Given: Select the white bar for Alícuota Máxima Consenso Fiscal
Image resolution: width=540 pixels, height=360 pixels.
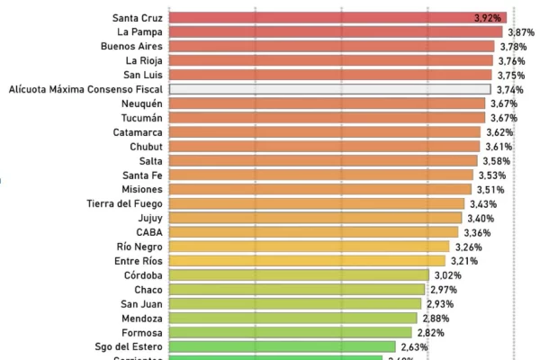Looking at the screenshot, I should click(329, 89).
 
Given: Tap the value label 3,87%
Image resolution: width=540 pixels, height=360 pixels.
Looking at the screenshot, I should click(520, 31).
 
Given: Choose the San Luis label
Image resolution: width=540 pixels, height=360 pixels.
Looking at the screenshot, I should click(141, 75).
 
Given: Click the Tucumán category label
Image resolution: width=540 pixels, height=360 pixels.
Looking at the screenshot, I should click(140, 118).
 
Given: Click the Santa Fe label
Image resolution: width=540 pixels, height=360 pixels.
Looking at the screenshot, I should click(143, 175).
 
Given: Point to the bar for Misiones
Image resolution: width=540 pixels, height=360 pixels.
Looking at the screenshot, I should click(319, 189).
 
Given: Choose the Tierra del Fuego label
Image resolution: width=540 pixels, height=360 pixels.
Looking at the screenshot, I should click(125, 203).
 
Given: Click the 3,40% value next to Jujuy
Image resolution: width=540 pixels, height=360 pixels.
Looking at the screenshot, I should click(481, 218).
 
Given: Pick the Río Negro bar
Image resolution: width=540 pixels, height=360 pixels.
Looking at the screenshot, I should click(309, 247).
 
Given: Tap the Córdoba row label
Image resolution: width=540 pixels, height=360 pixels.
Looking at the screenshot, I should click(144, 275).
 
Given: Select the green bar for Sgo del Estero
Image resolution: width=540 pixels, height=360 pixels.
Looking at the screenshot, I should click(282, 346).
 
